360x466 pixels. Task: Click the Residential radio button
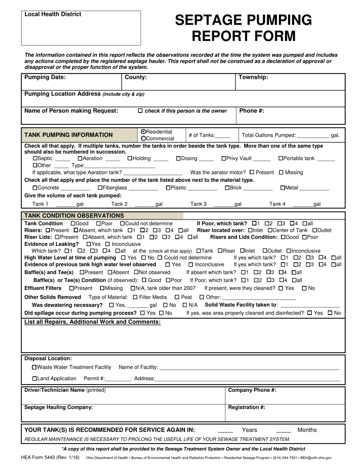pos(143,132)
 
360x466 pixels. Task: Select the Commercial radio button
pos(143,139)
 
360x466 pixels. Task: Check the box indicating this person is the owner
pos(140,111)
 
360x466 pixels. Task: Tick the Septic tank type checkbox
pos(35,158)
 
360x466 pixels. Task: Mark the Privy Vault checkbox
pos(224,158)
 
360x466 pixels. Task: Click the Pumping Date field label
pos(45,77)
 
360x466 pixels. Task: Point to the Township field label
pos(253,77)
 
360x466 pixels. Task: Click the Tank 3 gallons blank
pos(224,205)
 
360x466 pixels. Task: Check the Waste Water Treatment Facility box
pos(35,367)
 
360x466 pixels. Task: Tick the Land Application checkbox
pos(35,378)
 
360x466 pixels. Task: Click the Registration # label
pos(246,407)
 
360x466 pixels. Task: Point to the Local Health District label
pos(53,14)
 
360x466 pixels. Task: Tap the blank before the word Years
pos(225,431)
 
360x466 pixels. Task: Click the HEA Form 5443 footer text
pos(50,457)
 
